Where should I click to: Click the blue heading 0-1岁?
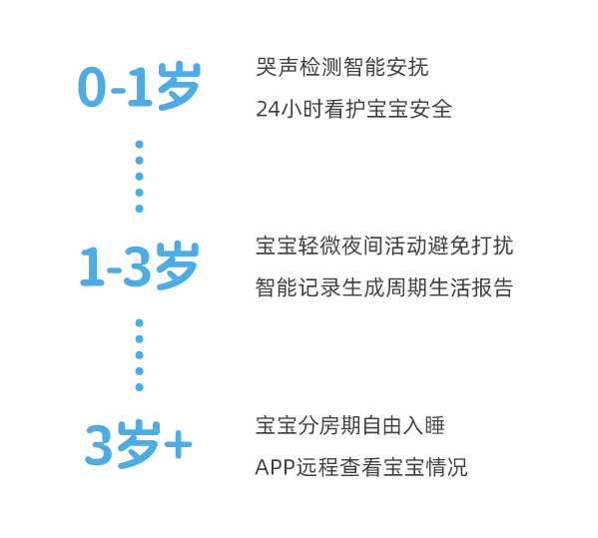tap(139, 86)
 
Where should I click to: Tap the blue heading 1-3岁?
tap(139, 266)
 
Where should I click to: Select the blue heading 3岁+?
tap(138, 444)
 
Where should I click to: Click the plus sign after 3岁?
tap(178, 444)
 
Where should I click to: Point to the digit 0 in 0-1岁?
tap(92, 87)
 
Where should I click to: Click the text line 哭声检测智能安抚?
tap(342, 67)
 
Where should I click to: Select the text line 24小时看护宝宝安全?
tap(354, 109)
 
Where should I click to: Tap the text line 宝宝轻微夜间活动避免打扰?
tap(384, 246)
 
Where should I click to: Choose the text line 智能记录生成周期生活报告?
tap(384, 287)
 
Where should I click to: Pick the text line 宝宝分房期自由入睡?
tap(350, 425)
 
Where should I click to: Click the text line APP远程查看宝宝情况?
tap(361, 467)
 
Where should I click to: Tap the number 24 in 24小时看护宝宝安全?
tap(268, 110)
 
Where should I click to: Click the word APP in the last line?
tap(275, 467)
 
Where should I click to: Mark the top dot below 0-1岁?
tap(139, 145)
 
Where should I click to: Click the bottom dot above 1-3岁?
tap(139, 209)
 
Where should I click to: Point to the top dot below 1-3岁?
tap(139, 323)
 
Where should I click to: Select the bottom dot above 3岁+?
tap(139, 387)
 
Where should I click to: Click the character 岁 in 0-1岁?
tap(179, 86)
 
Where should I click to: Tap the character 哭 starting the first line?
tap(267, 67)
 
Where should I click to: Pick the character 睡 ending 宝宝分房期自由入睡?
tap(434, 425)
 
